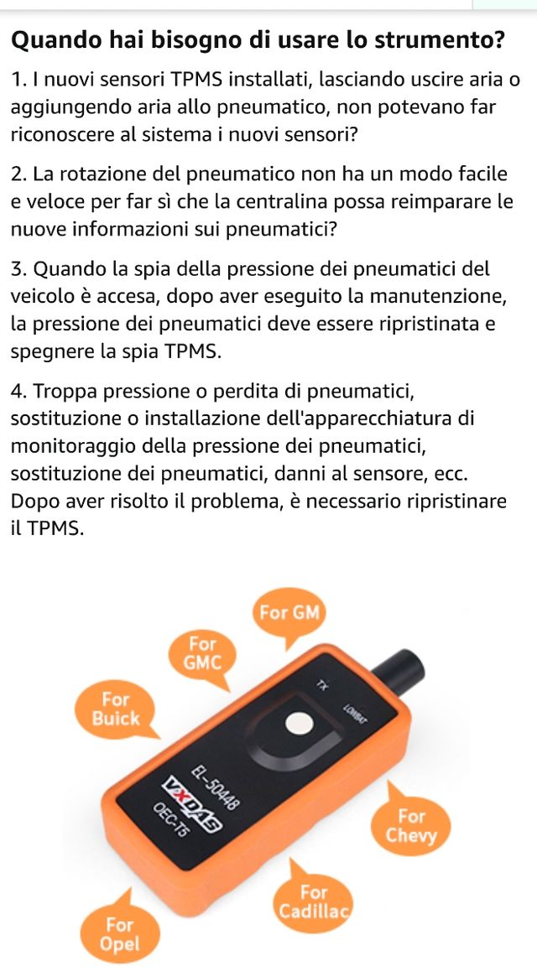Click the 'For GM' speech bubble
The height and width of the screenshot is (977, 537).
[x=289, y=613]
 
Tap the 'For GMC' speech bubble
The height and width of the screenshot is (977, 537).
[x=203, y=654]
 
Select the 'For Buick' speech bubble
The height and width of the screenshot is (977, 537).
[x=116, y=709]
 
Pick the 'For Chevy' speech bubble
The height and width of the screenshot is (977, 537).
[x=411, y=825]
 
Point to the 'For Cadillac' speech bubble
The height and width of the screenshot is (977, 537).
[x=314, y=901]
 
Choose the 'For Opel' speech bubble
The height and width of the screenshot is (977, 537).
[x=119, y=933]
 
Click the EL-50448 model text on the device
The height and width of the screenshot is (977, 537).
[x=215, y=786]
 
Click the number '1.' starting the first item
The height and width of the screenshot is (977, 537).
[x=19, y=81]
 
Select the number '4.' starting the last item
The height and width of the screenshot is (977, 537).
[x=20, y=392]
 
